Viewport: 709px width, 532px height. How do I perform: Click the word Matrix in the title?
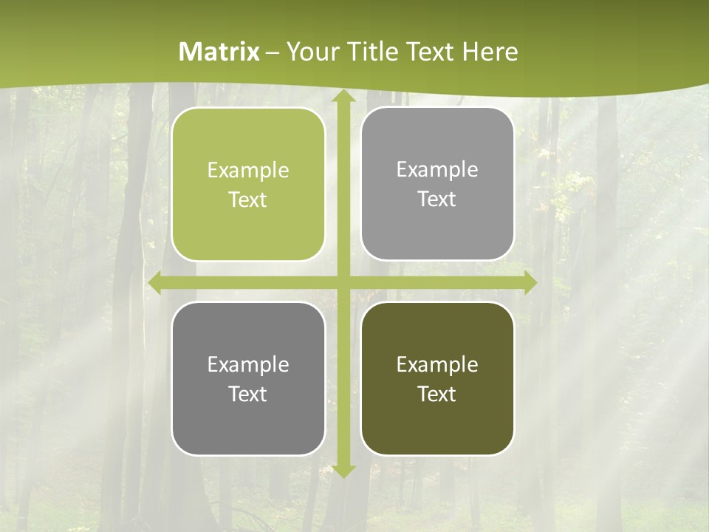(x=219, y=52)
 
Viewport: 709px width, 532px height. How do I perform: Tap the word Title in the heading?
(x=370, y=52)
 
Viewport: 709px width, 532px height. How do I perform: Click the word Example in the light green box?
(x=248, y=171)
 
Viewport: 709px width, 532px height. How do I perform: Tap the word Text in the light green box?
(x=248, y=199)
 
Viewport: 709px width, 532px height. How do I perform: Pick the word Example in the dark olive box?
(x=437, y=364)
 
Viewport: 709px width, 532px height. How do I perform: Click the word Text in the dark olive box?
(x=437, y=394)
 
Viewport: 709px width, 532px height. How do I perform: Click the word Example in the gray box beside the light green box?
(x=437, y=170)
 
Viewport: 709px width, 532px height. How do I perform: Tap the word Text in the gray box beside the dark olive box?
(x=248, y=394)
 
